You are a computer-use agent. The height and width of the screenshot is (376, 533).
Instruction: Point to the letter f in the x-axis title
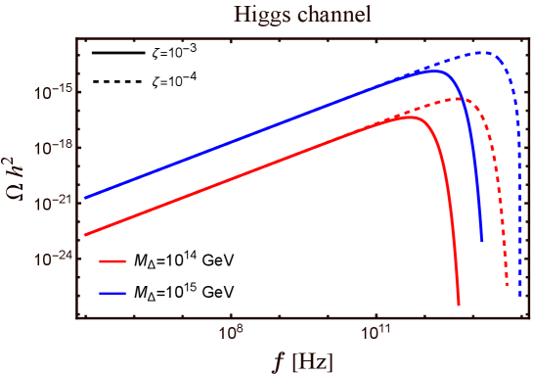[x=278, y=361]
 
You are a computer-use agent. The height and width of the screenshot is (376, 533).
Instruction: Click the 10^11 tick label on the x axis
[x=376, y=333]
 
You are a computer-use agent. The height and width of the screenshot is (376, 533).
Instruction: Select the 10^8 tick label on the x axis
[x=231, y=333]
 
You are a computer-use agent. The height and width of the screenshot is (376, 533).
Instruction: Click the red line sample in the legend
[x=113, y=262]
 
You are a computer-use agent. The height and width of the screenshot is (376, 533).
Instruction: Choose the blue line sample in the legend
[x=113, y=292]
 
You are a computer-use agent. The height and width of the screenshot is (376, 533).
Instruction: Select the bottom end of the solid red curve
[x=458, y=305]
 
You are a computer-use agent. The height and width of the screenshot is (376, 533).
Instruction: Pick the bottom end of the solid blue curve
[x=481, y=241]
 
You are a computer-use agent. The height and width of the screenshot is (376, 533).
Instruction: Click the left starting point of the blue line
[x=84, y=198]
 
